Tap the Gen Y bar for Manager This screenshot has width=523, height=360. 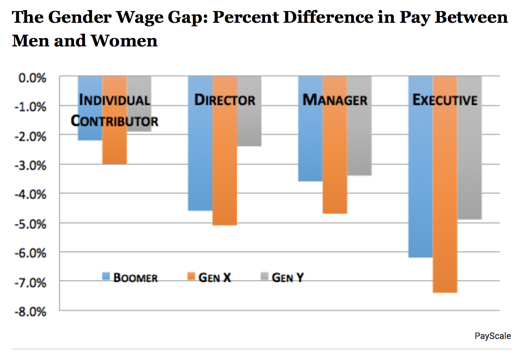point(359,140)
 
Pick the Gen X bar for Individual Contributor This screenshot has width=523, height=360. point(115,145)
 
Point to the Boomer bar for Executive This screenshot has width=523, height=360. point(421,184)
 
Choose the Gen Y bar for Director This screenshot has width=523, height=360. point(249,127)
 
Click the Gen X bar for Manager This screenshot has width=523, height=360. point(335,166)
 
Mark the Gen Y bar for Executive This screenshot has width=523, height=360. point(470,166)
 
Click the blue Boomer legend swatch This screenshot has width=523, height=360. point(106,276)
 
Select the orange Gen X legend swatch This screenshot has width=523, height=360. point(191,276)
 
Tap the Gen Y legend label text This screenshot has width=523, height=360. point(287,278)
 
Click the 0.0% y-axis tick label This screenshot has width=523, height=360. point(33,78)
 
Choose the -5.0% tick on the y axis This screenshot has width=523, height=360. point(32,224)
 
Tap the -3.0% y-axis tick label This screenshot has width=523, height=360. point(32,165)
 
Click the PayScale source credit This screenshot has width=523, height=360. point(493,336)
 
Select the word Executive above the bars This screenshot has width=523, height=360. point(445,100)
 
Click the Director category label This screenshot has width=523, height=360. point(225,100)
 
